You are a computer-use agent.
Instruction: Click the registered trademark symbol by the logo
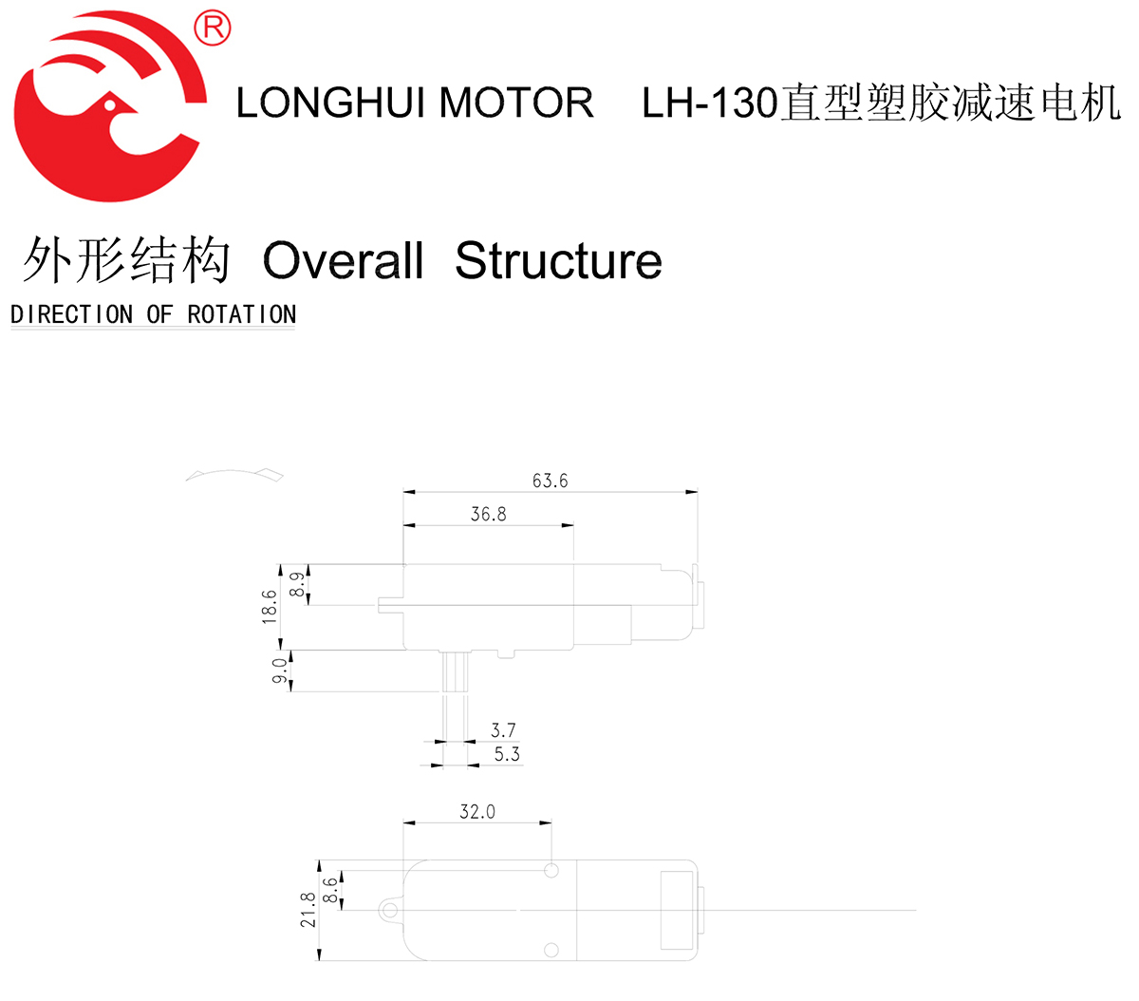pos(212,28)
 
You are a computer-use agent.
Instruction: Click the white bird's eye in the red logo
pos(110,104)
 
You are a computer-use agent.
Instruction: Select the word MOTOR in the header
pos(516,103)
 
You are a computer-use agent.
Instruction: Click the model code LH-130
pos(709,103)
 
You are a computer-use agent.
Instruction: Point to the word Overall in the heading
pos(343,261)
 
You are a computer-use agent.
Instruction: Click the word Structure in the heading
pos(558,261)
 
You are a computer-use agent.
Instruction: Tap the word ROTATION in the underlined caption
pos(241,314)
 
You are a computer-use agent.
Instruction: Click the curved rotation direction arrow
pos(234,473)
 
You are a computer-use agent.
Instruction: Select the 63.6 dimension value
pos(550,481)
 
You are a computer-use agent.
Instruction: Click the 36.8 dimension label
pos(488,515)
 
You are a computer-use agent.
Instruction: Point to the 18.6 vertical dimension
pos(270,606)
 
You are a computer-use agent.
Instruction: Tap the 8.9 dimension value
pos(298,584)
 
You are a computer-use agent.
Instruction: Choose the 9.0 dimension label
pos(279,670)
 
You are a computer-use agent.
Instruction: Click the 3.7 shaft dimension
pos(503,730)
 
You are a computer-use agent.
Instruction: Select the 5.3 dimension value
pos(507,754)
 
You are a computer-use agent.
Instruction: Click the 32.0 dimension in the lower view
pos(476,812)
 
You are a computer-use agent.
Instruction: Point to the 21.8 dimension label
pos(308,910)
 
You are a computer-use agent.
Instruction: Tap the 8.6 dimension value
pos(330,890)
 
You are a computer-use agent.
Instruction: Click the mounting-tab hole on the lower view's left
pos(388,911)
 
